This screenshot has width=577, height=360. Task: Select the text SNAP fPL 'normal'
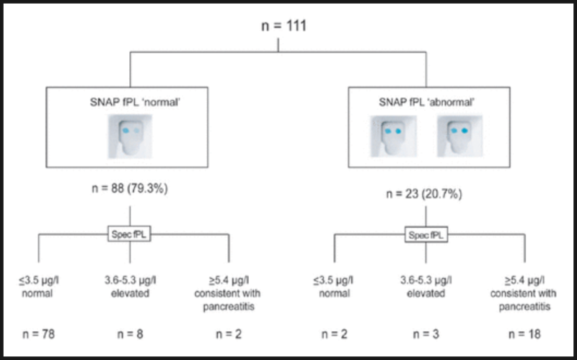(x=129, y=101)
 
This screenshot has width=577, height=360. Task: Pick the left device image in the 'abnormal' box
(x=393, y=137)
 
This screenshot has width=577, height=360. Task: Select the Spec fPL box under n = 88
(x=130, y=234)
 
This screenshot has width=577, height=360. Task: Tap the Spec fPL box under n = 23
(x=425, y=234)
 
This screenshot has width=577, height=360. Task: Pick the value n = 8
(x=130, y=333)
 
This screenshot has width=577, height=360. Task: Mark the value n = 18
(x=524, y=333)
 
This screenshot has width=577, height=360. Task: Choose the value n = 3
(x=425, y=333)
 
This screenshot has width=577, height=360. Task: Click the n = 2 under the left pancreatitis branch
(x=229, y=333)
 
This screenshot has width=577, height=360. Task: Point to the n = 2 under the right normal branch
(x=331, y=333)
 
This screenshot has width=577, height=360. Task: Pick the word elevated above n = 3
(x=425, y=293)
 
